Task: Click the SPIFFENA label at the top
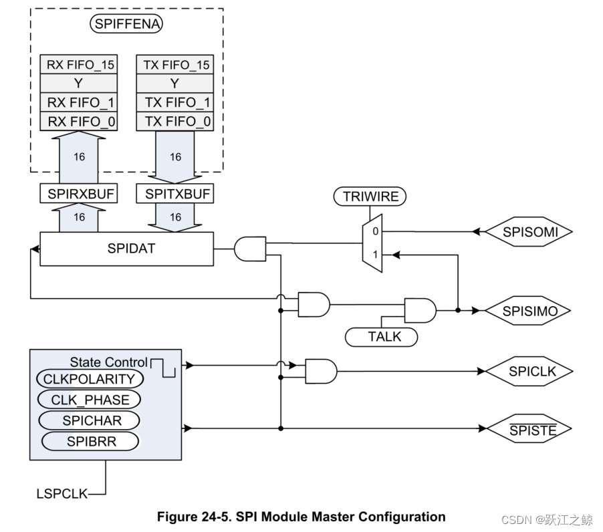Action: pyautogui.click(x=127, y=25)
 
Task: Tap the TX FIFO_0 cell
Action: pyautogui.click(x=174, y=122)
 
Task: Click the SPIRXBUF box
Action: pyautogui.click(x=79, y=194)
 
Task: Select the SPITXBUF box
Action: pyautogui.click(x=174, y=194)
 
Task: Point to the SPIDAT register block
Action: pyautogui.click(x=126, y=249)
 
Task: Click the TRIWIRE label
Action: pyautogui.click(x=370, y=197)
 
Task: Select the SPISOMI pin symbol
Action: pyautogui.click(x=529, y=232)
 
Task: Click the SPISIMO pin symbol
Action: pyautogui.click(x=529, y=311)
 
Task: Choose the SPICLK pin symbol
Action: pyautogui.click(x=529, y=371)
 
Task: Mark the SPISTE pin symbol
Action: pyautogui.click(x=529, y=429)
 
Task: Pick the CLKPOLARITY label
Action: pyautogui.click(x=89, y=379)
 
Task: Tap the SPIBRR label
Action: pyautogui.click(x=89, y=441)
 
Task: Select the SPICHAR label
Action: pyautogui.click(x=89, y=420)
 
